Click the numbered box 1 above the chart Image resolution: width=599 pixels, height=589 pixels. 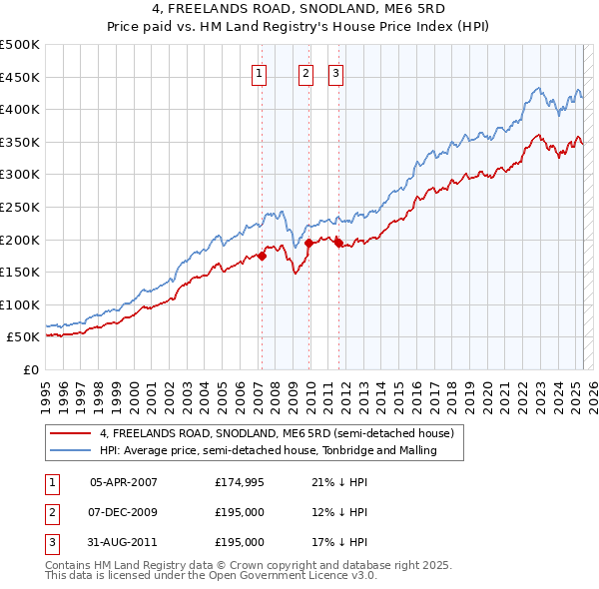click(259, 72)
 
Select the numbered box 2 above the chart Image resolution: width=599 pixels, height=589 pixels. click(305, 72)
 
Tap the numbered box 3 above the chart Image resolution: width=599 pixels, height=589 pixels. click(335, 72)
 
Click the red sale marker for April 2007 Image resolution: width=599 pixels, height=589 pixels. click(262, 256)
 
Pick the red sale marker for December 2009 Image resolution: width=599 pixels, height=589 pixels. click(308, 243)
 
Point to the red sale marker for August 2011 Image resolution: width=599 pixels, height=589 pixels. click(338, 243)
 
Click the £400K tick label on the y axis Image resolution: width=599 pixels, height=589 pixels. click(20, 110)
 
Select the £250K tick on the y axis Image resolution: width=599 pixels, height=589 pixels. click(20, 207)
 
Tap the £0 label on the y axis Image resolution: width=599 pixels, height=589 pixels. click(30, 369)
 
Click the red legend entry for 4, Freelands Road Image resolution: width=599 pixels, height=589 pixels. click(277, 433)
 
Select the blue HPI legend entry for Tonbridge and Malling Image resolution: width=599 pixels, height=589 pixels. click(283, 450)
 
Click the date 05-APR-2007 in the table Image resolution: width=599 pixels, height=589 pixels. click(124, 482)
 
